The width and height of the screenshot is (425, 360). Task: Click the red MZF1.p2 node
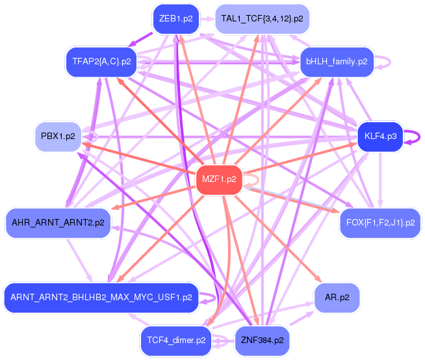[x=219, y=179]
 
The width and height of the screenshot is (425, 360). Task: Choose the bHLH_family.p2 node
[x=337, y=62]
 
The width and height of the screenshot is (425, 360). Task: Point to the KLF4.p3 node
[x=380, y=136]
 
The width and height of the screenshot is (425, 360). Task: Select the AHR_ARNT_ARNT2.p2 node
[x=58, y=222]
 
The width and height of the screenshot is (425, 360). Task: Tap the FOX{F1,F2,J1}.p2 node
[x=380, y=222]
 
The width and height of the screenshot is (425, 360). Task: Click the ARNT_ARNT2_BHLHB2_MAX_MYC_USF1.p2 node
[x=101, y=297]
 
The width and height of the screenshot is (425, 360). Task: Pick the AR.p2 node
[x=337, y=297]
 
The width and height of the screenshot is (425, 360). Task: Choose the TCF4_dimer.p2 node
[x=176, y=340]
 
